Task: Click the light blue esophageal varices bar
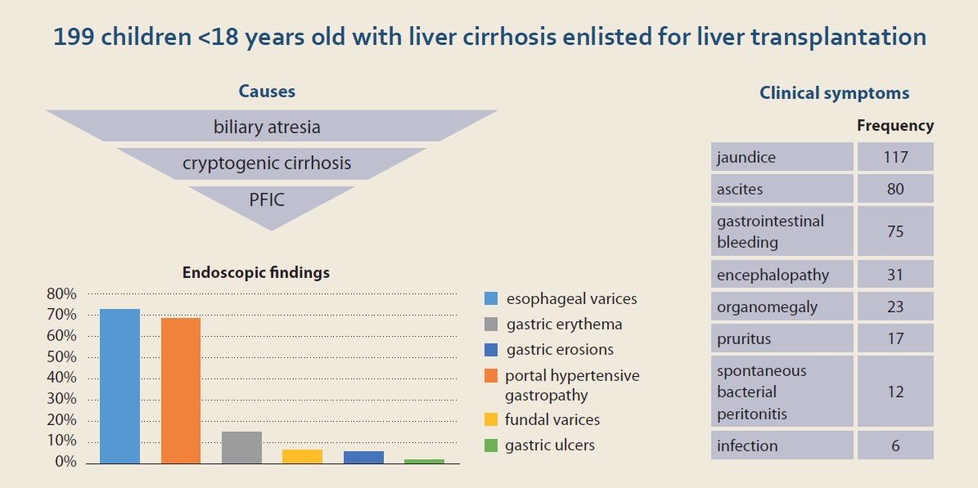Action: click(x=119, y=386)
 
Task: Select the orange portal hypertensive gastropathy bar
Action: click(x=181, y=391)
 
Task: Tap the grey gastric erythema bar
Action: click(x=242, y=447)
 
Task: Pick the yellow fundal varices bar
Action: click(x=303, y=456)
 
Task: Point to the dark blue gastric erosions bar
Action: click(x=363, y=457)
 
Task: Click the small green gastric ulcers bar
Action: click(x=424, y=461)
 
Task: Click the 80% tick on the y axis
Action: click(x=61, y=293)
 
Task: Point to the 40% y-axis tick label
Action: click(x=61, y=378)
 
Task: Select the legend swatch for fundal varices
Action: click(x=491, y=419)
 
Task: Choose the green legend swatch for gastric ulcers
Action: click(x=491, y=445)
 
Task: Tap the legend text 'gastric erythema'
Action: click(x=565, y=325)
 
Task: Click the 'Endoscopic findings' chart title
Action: click(x=255, y=273)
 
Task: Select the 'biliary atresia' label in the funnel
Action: click(x=267, y=128)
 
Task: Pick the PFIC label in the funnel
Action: click(x=267, y=201)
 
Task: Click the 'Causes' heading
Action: click(x=267, y=92)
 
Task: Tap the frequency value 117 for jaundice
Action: click(x=895, y=157)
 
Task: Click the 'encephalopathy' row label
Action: click(x=773, y=275)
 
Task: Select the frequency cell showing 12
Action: click(x=895, y=392)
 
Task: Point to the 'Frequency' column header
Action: click(x=895, y=126)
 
